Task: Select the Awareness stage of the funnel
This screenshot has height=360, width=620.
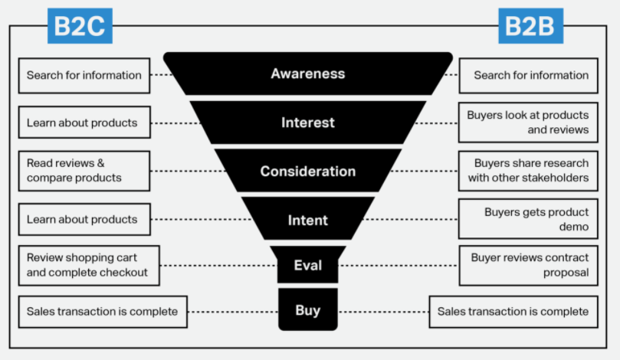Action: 308,74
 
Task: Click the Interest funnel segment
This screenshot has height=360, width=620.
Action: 308,123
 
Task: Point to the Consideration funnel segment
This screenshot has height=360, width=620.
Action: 308,172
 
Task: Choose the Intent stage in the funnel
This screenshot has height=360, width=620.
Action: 308,220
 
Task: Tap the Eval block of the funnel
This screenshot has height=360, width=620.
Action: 308,265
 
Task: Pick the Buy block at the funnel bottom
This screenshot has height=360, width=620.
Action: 308,310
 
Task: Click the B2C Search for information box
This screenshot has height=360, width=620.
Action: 84,75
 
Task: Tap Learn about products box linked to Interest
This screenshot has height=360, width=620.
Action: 84,123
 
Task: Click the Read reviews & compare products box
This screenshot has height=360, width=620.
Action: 84,171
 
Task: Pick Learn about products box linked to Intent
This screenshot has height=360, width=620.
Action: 84,219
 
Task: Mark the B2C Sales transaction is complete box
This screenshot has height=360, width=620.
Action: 102,312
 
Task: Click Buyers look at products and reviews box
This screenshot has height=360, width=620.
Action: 528,123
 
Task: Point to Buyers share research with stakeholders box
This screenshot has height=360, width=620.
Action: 528,171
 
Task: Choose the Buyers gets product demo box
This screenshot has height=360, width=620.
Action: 528,219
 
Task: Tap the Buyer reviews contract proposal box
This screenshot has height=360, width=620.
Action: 528,265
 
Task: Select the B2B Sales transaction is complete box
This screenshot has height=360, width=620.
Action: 513,312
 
